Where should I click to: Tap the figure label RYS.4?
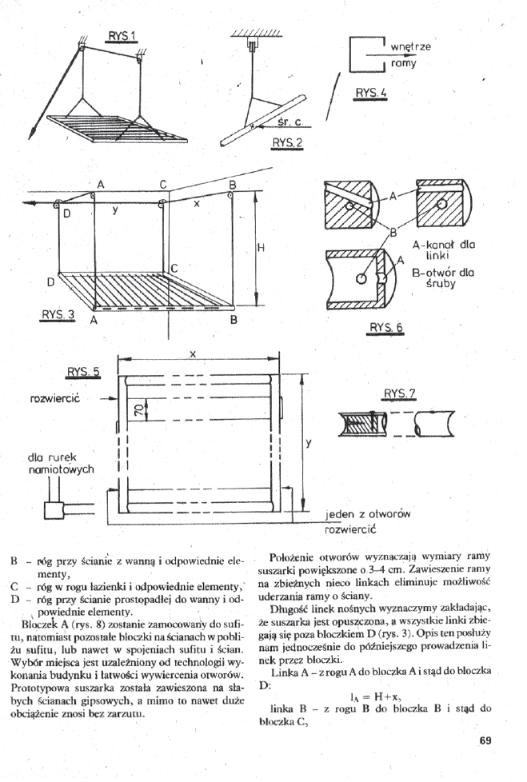[369, 93]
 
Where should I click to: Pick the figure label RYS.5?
[83, 371]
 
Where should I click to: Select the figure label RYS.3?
[58, 314]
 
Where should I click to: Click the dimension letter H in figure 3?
[261, 248]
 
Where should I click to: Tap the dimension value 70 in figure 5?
[138, 410]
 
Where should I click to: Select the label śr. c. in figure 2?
[289, 123]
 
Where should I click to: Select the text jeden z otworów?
[367, 516]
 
